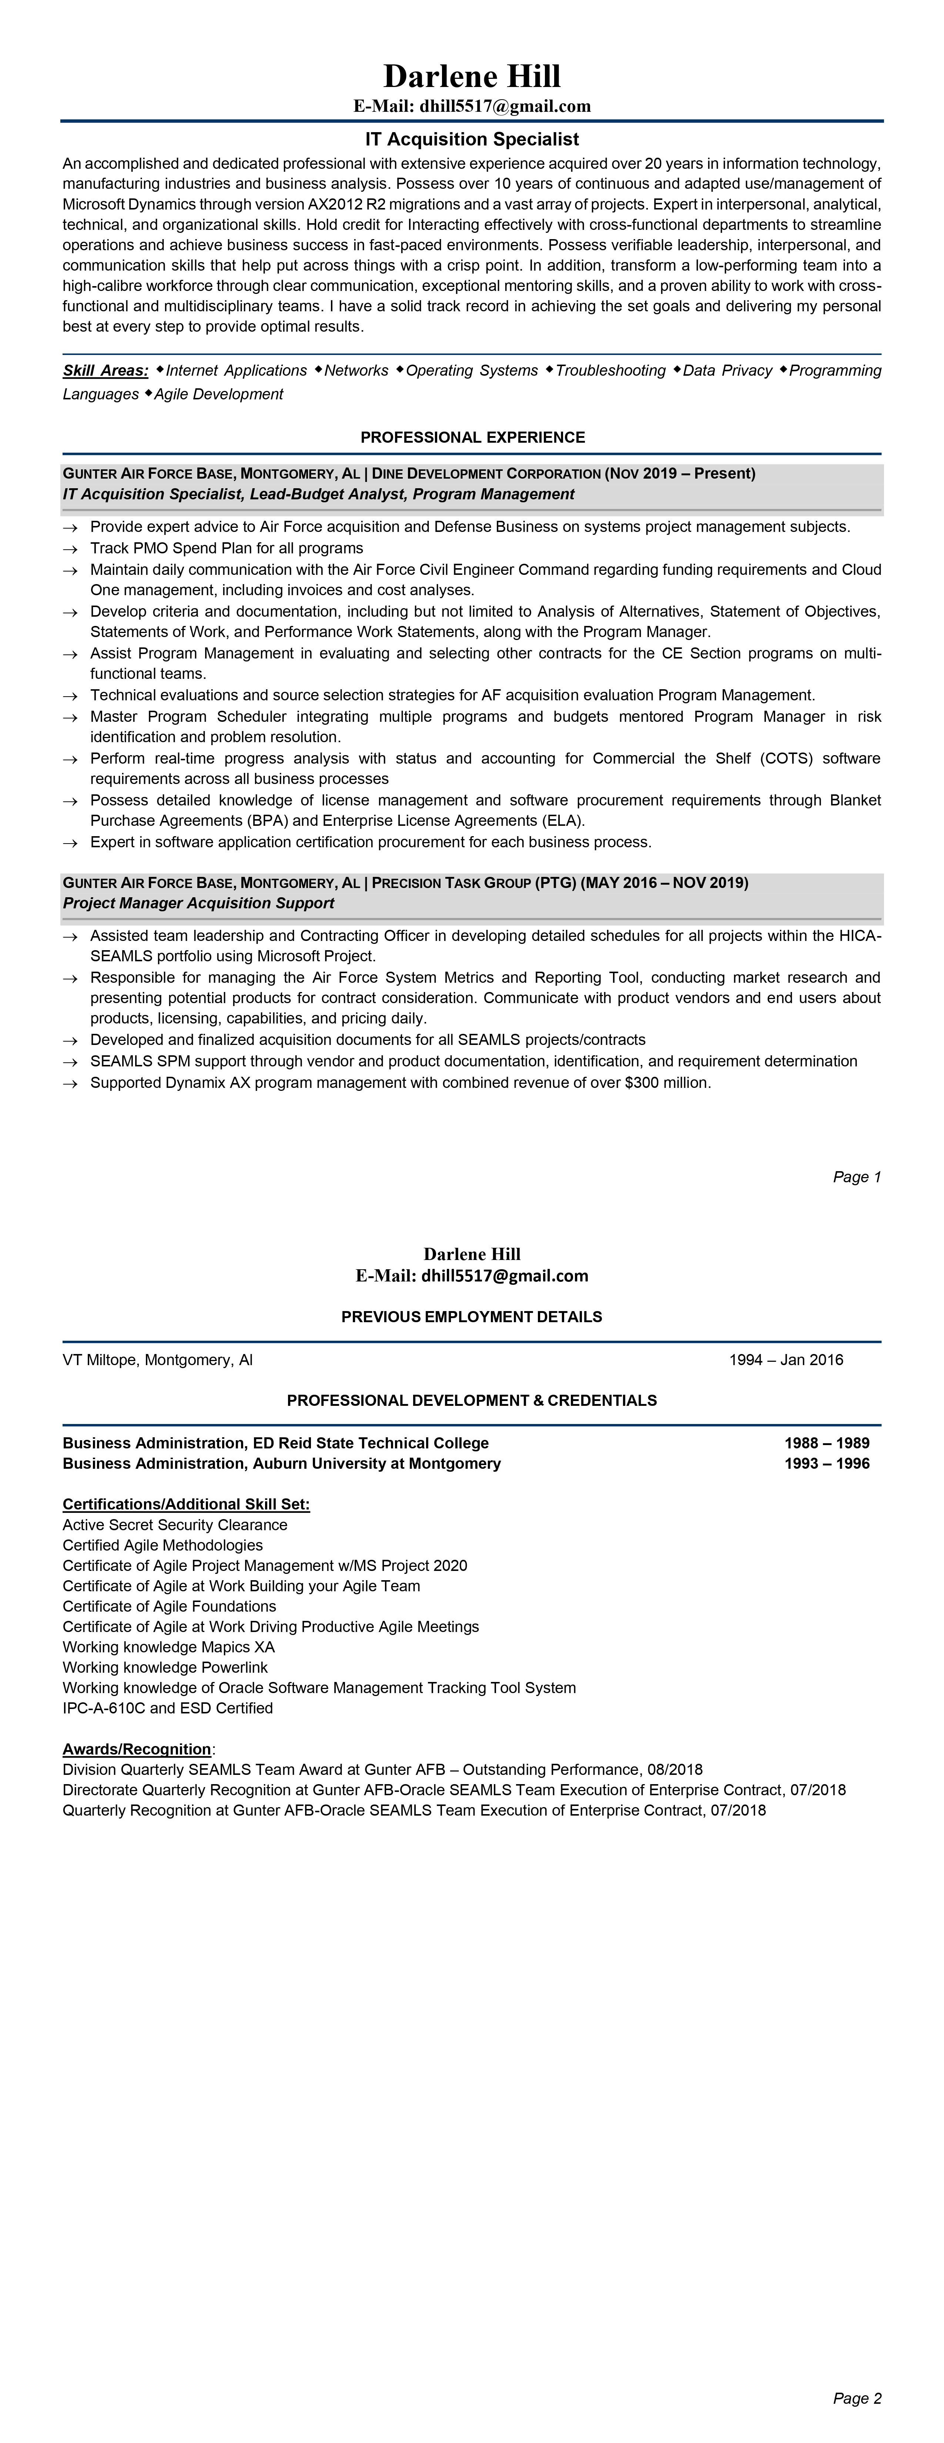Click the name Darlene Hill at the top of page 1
(x=472, y=76)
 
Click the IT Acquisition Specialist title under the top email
(x=472, y=140)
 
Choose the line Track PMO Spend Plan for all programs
(x=227, y=548)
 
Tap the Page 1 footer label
(x=857, y=1177)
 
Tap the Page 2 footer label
(x=857, y=2399)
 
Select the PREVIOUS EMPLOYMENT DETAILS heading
(x=472, y=1316)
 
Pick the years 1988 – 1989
(x=826, y=1442)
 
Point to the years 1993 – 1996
(x=826, y=1463)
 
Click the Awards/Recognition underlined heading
(x=137, y=1749)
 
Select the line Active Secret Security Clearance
(x=175, y=1525)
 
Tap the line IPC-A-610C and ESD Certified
(x=168, y=1708)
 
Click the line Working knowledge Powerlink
(x=165, y=1667)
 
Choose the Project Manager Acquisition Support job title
(x=198, y=903)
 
